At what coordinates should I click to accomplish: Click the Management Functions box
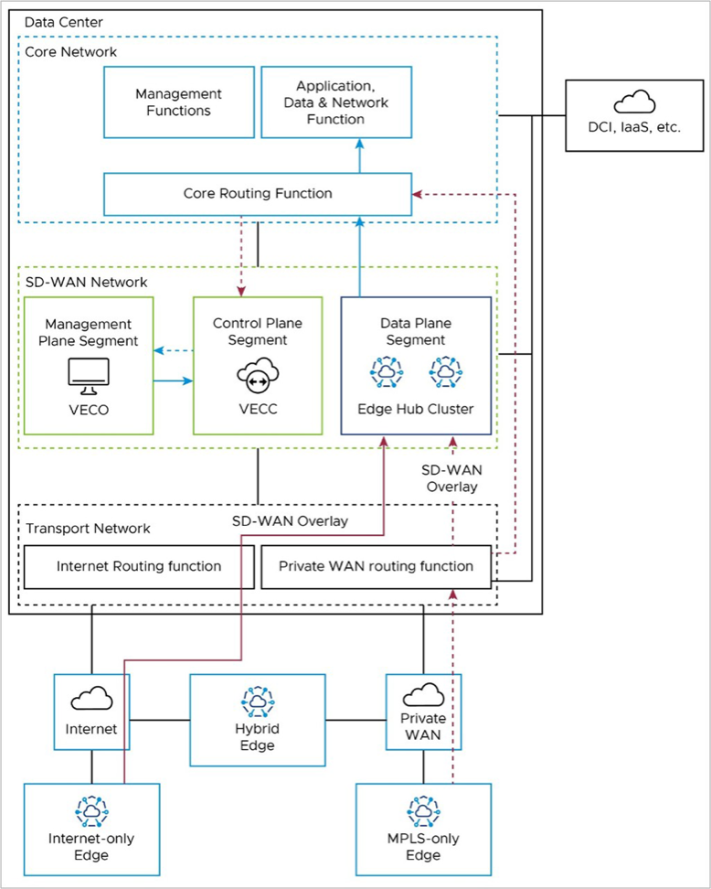(178, 102)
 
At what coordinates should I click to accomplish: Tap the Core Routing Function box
(258, 194)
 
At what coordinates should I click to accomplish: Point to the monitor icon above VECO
(89, 372)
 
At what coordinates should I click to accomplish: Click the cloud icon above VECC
(257, 374)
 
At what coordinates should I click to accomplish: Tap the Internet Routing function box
(139, 566)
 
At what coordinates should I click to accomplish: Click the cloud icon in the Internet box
(91, 700)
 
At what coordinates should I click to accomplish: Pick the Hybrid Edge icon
(257, 700)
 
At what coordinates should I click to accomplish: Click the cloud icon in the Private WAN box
(422, 695)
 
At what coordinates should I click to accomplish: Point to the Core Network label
(70, 52)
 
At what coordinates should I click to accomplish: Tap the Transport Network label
(88, 529)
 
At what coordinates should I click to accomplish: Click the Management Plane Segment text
(88, 333)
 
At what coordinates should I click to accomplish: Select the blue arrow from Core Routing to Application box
(359, 156)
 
